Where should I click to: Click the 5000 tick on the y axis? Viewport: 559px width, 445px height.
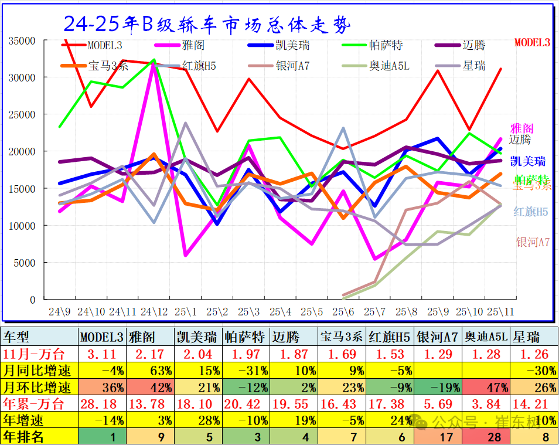[26, 263]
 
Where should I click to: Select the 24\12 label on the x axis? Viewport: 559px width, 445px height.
[154, 312]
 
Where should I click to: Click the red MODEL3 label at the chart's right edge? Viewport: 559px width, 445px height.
[532, 42]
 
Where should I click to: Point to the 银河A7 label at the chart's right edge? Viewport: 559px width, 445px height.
[532, 242]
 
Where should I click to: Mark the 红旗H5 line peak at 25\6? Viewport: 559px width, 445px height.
[343, 128]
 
